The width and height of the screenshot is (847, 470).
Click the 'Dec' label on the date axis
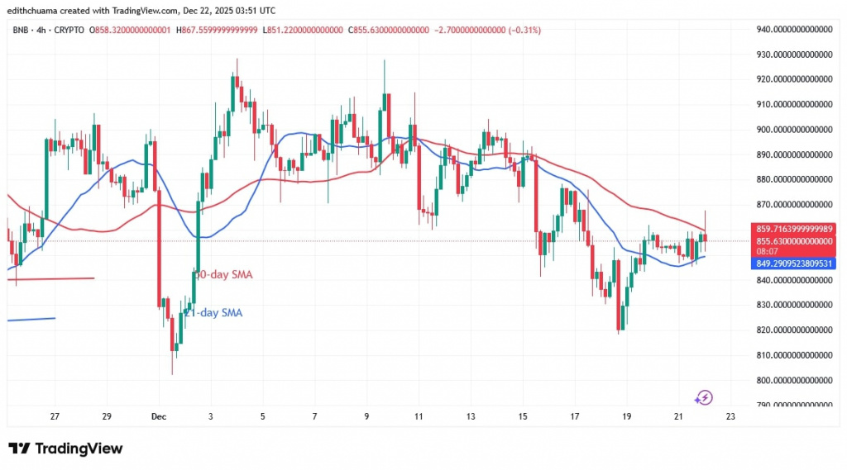158,416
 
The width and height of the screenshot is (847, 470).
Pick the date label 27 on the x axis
55,416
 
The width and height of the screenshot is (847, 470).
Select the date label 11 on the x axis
419,416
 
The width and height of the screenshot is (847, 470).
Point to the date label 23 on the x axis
730,416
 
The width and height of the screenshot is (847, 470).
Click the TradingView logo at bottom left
65,449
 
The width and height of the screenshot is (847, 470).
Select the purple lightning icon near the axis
703,397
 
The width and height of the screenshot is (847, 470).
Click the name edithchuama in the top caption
37,11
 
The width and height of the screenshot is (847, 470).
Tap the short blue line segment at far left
31,318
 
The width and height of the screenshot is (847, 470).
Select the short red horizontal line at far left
50,278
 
